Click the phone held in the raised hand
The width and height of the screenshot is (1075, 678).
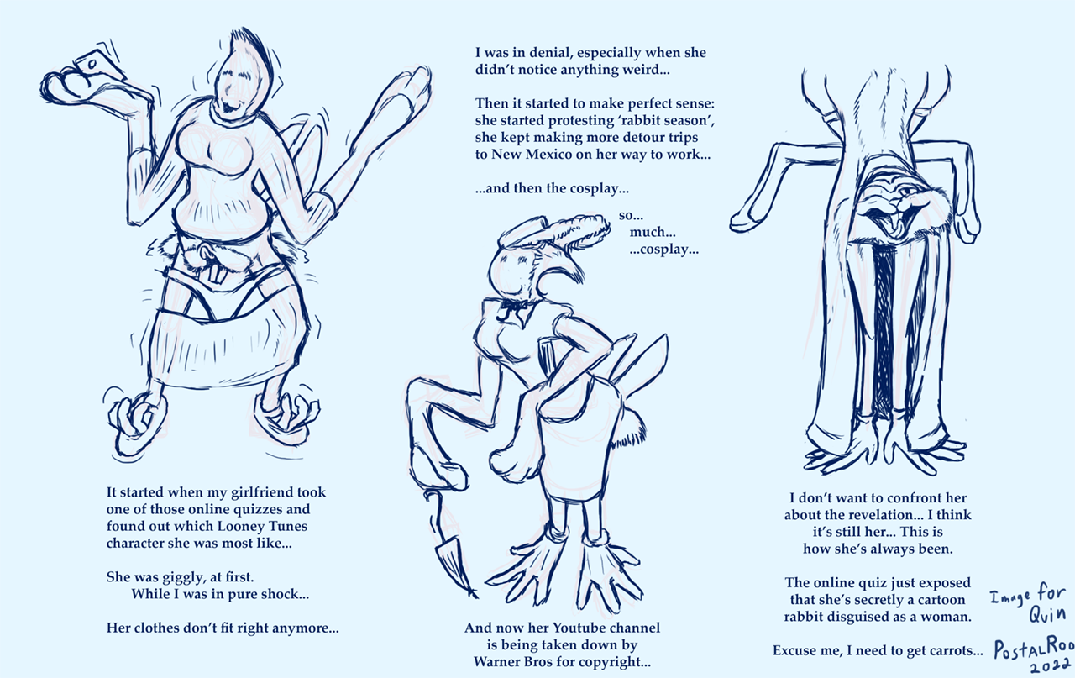click(100, 66)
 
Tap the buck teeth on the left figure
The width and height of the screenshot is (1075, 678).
click(215, 273)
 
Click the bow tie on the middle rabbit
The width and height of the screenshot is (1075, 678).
click(512, 306)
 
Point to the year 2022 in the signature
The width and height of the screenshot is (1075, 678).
click(1051, 666)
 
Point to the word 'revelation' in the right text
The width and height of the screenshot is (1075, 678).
click(884, 515)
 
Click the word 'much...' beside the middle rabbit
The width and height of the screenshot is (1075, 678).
click(653, 233)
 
